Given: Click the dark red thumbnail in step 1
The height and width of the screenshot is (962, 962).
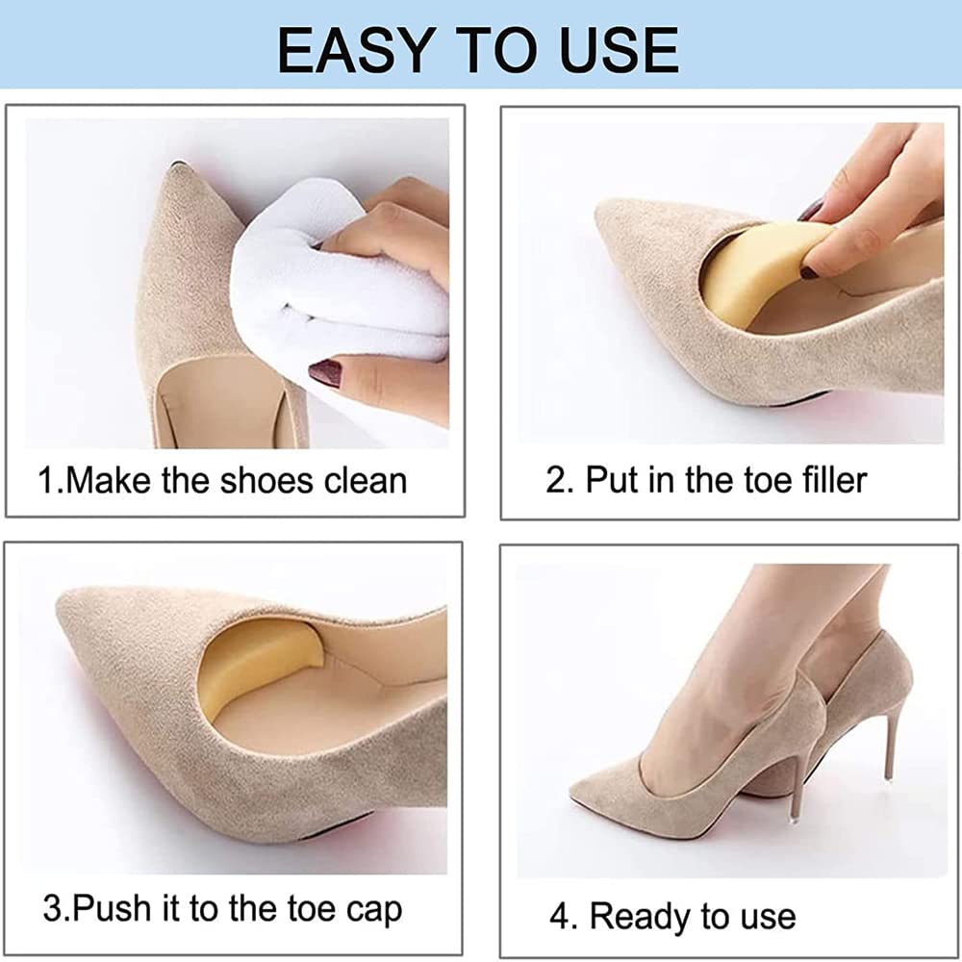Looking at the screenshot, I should [326, 372].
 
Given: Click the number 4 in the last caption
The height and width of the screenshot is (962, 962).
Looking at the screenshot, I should [558, 916].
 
